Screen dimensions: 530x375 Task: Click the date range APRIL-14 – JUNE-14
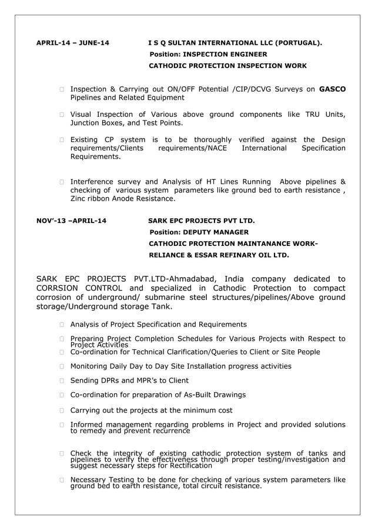(72, 43)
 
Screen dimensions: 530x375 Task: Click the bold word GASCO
(332, 89)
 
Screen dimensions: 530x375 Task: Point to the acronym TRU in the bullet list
(312, 114)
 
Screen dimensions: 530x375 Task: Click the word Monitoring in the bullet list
(89, 366)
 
